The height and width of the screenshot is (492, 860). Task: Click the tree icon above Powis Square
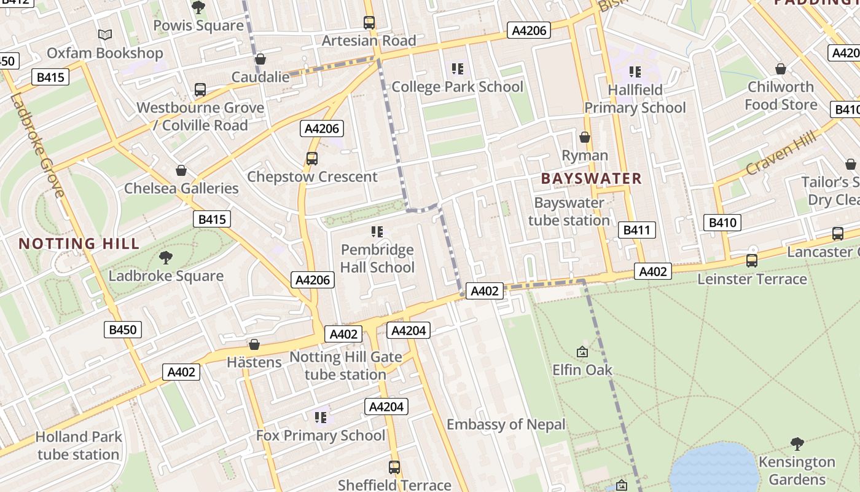198,7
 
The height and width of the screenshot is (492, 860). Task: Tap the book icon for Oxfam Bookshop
105,35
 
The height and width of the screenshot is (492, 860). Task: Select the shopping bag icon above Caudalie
260,59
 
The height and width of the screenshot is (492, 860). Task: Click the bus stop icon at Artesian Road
369,23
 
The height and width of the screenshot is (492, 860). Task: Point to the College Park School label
458,87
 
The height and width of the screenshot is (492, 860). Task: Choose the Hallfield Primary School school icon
635,72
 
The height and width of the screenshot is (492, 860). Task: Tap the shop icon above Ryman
585,137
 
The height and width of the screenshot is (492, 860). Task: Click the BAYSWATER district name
591,179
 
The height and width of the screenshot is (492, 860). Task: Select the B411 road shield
636,230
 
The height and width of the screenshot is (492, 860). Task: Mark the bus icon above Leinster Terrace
752,261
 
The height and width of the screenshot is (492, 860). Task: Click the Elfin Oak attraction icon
582,352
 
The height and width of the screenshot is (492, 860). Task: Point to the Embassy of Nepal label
506,424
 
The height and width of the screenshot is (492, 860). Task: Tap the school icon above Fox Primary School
320,418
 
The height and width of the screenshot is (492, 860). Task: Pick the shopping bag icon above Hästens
254,344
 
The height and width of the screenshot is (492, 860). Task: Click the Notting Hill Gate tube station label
346,365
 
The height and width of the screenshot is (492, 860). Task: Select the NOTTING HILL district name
79,244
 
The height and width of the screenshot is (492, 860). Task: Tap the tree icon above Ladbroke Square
166,257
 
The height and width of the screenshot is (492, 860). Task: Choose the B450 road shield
123,330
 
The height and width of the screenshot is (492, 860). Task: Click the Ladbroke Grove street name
36,145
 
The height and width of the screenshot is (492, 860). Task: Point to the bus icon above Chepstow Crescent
312,159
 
